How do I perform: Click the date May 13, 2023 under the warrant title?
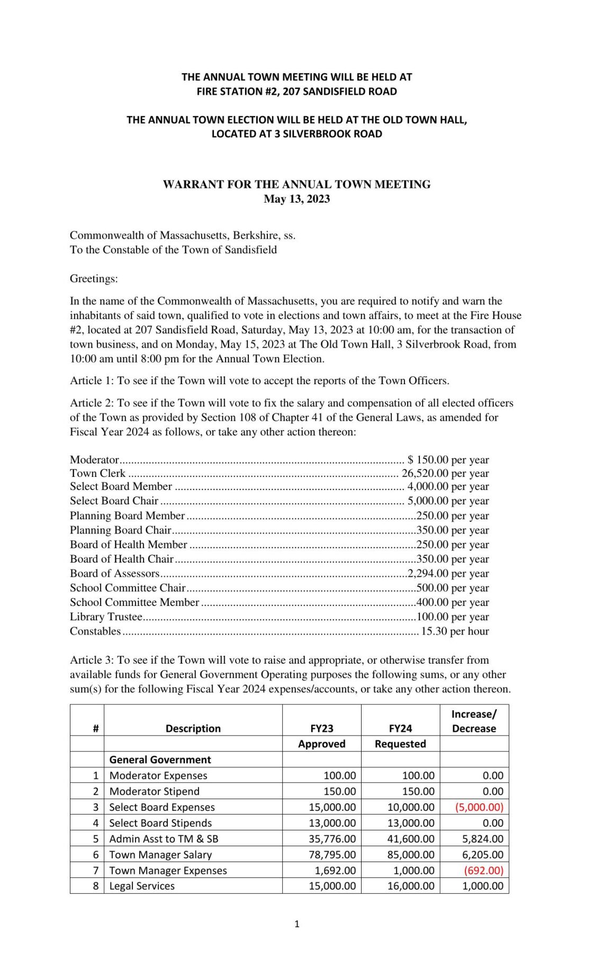pos(296,199)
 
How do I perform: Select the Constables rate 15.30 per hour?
pos(454,631)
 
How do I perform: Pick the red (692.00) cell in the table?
pos(483,871)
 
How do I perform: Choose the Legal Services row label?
pos(141,886)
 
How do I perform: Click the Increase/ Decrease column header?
pos(474,721)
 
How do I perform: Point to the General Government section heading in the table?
pos(160,759)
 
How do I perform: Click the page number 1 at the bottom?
pos(296,924)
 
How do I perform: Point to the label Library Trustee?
pos(106,617)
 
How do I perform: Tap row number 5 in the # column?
pos(96,839)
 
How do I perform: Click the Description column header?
pos(193,728)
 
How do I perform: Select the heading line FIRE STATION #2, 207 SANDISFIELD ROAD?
pos(296,91)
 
